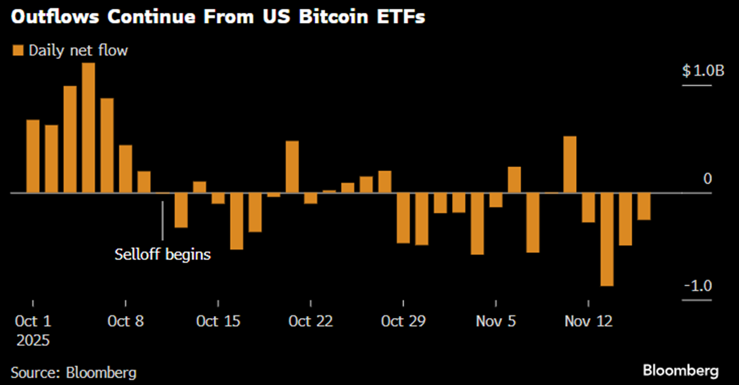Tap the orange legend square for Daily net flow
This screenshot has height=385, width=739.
click(18, 50)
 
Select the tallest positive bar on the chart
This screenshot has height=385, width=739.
click(88, 128)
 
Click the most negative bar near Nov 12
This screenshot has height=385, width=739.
click(607, 240)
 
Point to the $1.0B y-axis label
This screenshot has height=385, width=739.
click(697, 71)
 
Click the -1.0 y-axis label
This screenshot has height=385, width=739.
click(697, 286)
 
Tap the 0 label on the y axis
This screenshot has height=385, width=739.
click(707, 179)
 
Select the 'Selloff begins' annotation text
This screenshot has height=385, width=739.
click(162, 255)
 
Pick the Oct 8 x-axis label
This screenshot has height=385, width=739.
click(126, 321)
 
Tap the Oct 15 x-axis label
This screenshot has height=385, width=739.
click(218, 321)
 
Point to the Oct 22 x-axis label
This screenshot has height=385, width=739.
click(310, 321)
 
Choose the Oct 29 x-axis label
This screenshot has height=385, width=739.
click(403, 321)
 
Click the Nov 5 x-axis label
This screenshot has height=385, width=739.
click(496, 321)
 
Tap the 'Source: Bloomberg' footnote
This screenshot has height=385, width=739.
click(73, 372)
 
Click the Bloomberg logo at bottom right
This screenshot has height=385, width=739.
click(680, 371)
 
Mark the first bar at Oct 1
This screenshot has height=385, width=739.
click(32, 156)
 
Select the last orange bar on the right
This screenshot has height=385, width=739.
click(644, 206)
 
